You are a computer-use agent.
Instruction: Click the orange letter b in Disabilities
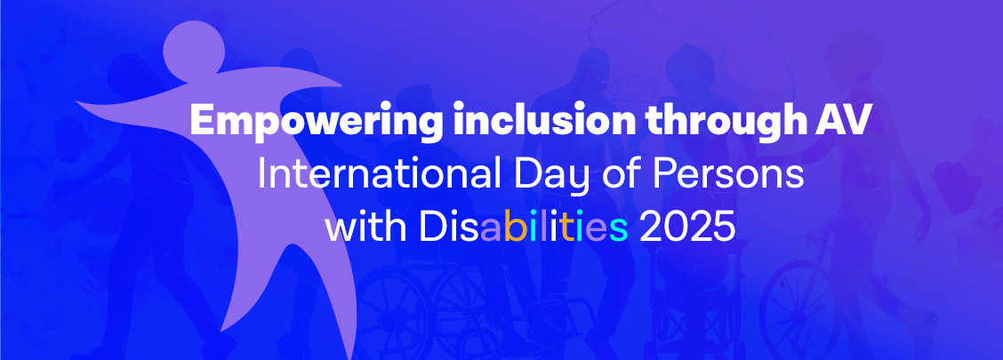(512, 228)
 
